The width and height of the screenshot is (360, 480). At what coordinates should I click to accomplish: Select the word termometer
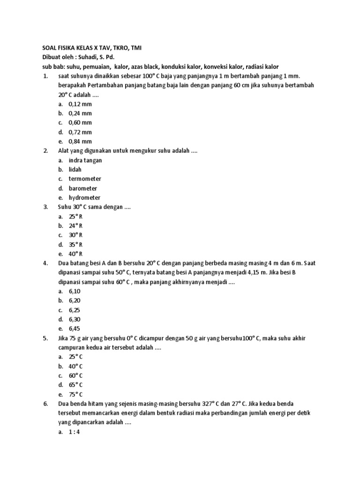tap(85, 179)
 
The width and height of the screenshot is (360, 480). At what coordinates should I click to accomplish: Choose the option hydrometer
tap(84, 198)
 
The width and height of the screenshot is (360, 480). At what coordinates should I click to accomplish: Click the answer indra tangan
tap(85, 160)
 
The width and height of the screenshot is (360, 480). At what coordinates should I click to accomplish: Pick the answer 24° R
tap(75, 226)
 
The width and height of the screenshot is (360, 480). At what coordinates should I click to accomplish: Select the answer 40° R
tap(75, 254)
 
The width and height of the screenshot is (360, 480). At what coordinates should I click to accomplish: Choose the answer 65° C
tap(75, 385)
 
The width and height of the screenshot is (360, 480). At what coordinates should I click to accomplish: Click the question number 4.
tap(45, 263)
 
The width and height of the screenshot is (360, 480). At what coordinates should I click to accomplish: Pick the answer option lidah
tap(75, 170)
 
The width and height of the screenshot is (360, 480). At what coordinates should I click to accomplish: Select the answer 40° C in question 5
tap(75, 367)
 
